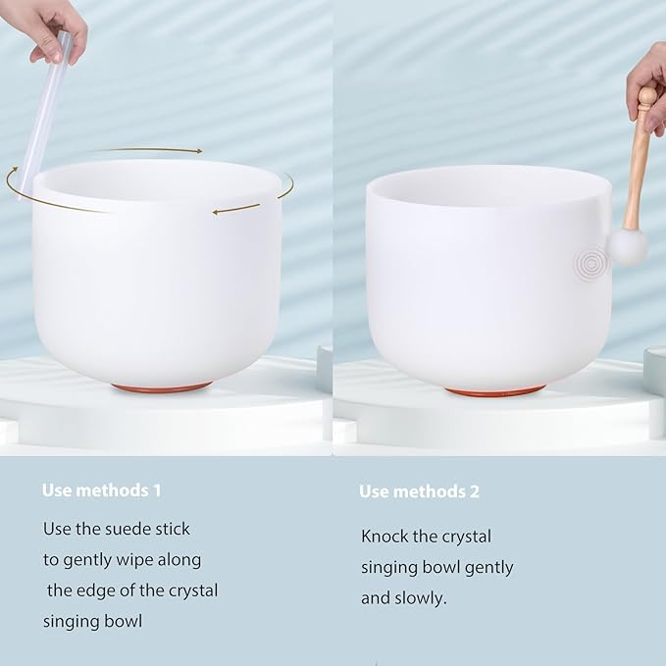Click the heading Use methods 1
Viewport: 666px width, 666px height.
pos(101,489)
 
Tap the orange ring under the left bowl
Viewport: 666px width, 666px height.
pos(161,387)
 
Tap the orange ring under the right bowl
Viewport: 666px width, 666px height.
pos(494,390)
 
